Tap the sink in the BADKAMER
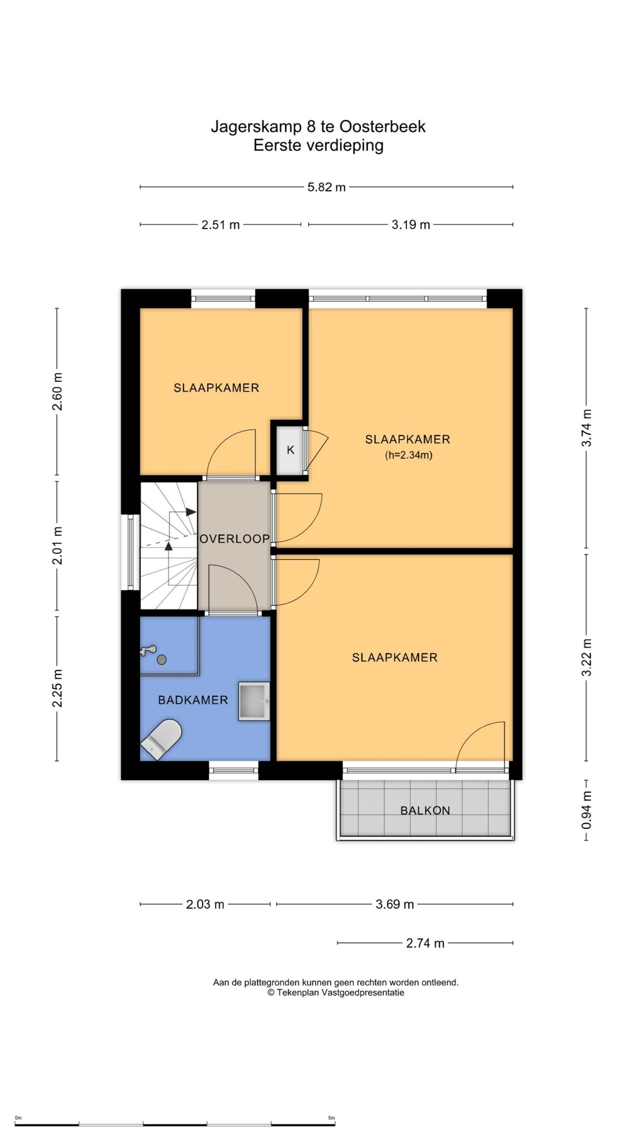[x=255, y=701]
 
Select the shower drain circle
[x=162, y=659]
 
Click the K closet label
[x=291, y=450]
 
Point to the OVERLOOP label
[x=234, y=539]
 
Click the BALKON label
[x=425, y=810]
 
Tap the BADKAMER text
[x=193, y=700]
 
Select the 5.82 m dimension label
[x=326, y=187]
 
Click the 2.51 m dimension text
[x=221, y=225]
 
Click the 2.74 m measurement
[x=425, y=943]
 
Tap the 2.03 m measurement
[x=205, y=904]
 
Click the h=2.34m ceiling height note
[x=409, y=456]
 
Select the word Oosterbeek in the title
[x=383, y=126]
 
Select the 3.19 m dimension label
[x=411, y=225]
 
